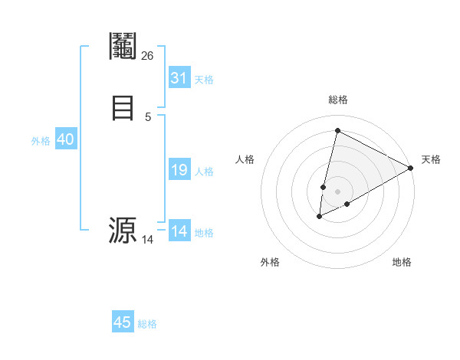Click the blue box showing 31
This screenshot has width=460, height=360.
coord(179,78)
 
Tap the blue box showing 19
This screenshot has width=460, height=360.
coord(179,171)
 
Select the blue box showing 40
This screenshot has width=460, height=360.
coord(65,140)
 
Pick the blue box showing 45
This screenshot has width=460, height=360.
coord(123,322)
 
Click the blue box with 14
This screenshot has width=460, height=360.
coord(179,231)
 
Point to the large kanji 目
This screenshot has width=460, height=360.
coord(123,106)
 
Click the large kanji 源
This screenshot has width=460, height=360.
coord(123,230)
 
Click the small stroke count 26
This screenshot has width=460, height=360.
coord(148,55)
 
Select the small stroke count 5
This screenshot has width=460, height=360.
coord(148,116)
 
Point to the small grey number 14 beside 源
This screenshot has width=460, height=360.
coord(148,240)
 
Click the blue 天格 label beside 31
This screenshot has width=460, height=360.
coord(204,80)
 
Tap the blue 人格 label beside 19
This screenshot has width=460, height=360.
coord(204,172)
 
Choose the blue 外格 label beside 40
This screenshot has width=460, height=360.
coord(41,141)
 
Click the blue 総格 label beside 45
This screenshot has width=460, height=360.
coord(147,324)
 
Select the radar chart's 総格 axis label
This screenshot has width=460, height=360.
coord(337,100)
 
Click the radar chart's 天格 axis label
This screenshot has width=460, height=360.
coord(431,159)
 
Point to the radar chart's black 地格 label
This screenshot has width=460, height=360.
coord(402,262)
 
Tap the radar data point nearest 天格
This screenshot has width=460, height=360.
coord(411,168)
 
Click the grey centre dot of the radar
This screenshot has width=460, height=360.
coord(337,191)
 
